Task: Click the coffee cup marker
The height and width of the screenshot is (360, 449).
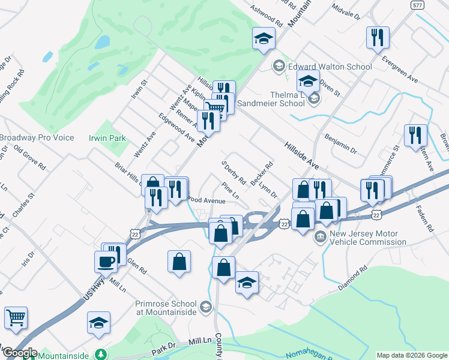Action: [x=106, y=262]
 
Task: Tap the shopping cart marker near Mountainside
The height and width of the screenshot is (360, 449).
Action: [x=16, y=318]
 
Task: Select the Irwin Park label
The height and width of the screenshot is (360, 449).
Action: [x=107, y=138]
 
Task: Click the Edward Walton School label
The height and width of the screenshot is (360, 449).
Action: [x=330, y=67]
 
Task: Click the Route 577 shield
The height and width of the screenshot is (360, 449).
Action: [x=418, y=5]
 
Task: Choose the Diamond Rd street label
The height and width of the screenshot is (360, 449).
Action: [x=352, y=279]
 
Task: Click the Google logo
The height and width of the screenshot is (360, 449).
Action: [x=19, y=353]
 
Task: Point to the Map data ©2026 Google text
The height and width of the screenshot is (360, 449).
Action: [x=412, y=355]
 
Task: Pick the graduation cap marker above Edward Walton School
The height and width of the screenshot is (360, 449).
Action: [x=262, y=39]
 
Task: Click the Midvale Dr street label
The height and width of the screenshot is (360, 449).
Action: [x=345, y=13]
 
